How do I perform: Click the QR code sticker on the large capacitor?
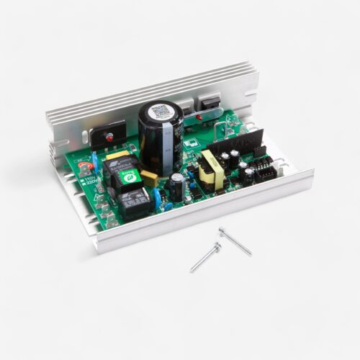coord(159,112)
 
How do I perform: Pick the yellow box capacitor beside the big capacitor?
coord(148,178)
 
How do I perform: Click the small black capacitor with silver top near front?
coord(176,186)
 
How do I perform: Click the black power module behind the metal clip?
coord(210,107)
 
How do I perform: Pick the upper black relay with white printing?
coord(118,171)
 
